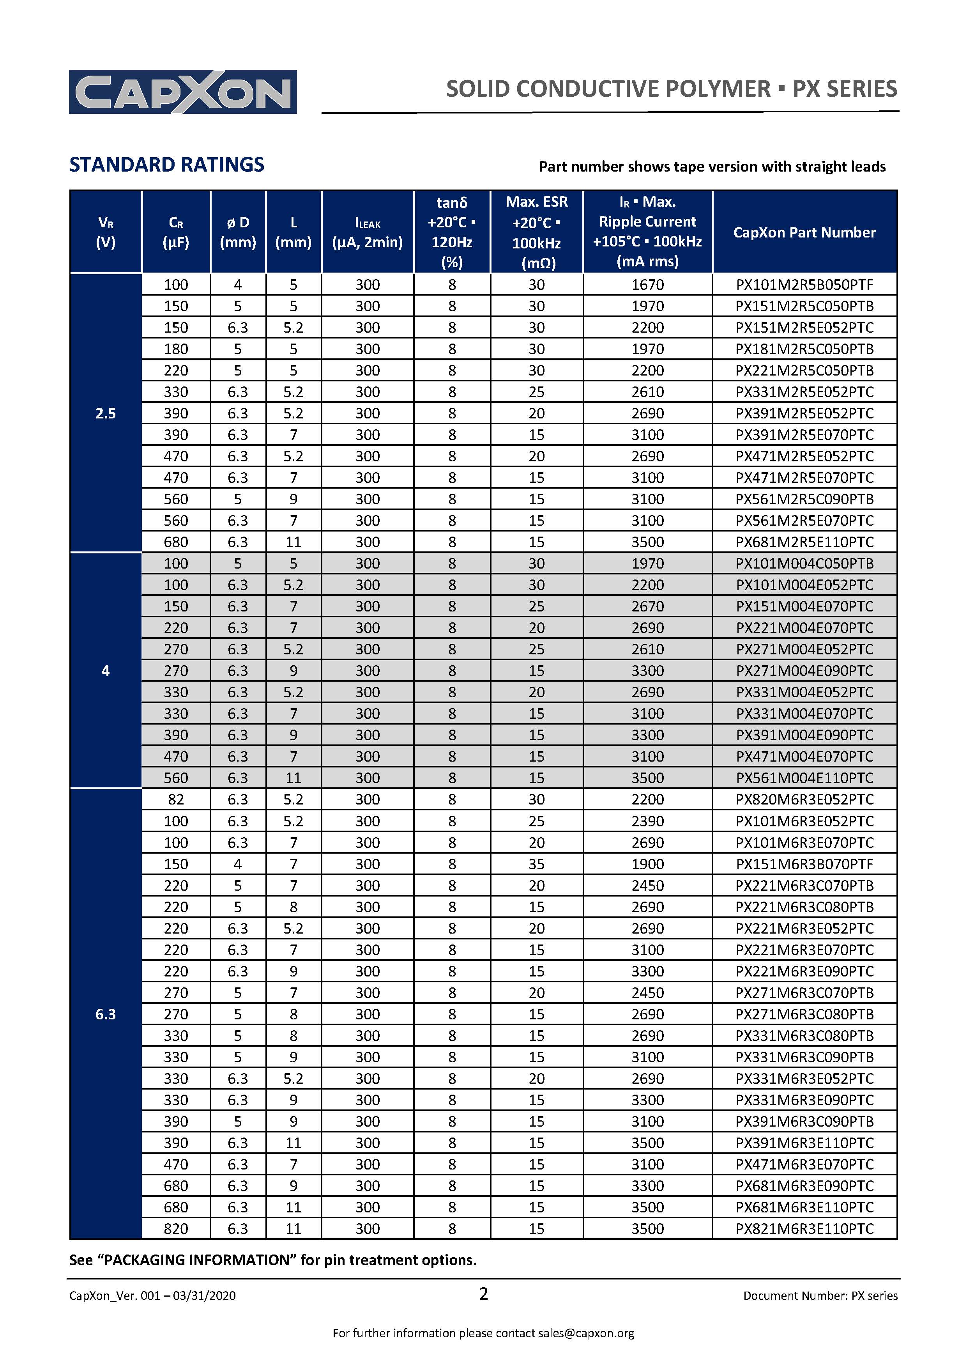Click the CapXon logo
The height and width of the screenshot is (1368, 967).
pyautogui.click(x=183, y=92)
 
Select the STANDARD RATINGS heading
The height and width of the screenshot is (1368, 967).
pyautogui.click(x=167, y=165)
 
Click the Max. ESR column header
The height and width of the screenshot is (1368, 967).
pyautogui.click(x=536, y=232)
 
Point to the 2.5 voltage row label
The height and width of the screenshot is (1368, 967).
pyautogui.click(x=105, y=413)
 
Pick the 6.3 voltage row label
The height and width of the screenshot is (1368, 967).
pyautogui.click(x=105, y=1014)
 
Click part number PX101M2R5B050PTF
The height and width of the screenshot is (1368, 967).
pyautogui.click(x=804, y=285)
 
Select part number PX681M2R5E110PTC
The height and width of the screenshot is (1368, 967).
pyautogui.click(x=804, y=542)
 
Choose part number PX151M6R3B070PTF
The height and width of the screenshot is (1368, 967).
pyautogui.click(x=804, y=864)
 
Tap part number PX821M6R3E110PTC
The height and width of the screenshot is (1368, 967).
pyautogui.click(x=804, y=1228)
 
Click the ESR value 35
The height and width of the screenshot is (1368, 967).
pyautogui.click(x=536, y=864)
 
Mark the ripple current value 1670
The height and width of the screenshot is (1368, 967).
pyautogui.click(x=647, y=285)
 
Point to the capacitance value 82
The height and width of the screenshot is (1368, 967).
pyautogui.click(x=176, y=799)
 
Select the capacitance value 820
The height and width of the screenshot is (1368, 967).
pyautogui.click(x=176, y=1228)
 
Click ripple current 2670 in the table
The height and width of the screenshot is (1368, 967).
pyautogui.click(x=647, y=606)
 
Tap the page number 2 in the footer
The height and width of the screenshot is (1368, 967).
pyautogui.click(x=483, y=1294)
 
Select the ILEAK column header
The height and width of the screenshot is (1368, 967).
pyautogui.click(x=368, y=232)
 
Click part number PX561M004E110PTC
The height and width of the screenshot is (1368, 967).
pyautogui.click(x=804, y=778)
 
